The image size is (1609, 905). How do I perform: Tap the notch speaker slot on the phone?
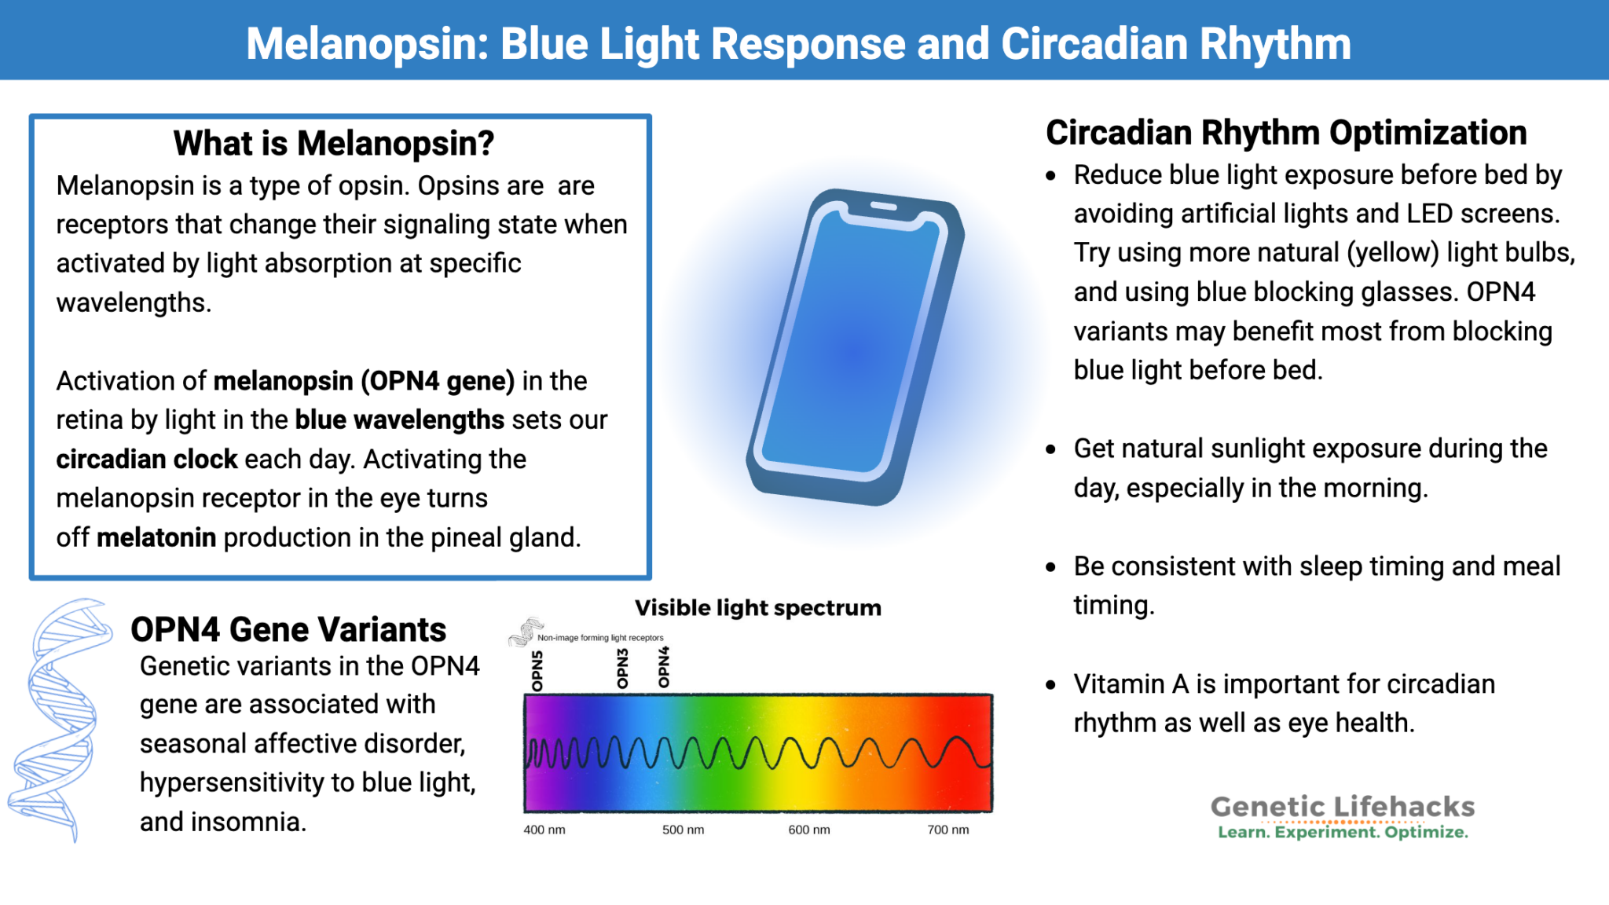884,206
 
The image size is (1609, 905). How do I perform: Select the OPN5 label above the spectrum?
537,670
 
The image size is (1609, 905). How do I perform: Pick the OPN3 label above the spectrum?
622,669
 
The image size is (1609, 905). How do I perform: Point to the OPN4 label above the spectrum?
664,667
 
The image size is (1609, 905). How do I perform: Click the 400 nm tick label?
544,830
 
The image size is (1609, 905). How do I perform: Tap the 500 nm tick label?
683,830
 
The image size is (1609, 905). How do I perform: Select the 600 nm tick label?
808,830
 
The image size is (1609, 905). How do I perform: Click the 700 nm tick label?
947,830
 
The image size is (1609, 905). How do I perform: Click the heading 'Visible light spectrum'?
757,608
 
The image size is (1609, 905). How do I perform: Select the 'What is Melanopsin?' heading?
334,143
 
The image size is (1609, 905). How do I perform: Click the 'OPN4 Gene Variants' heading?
288,629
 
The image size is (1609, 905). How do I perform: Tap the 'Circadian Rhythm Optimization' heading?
1285,132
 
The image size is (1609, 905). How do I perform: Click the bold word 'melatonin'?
156,537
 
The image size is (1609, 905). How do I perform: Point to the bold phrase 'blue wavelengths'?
399,420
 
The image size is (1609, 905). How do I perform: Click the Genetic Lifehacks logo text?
1342,807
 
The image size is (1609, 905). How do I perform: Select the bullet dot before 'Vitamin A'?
1051,685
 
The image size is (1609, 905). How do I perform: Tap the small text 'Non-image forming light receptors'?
600,638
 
